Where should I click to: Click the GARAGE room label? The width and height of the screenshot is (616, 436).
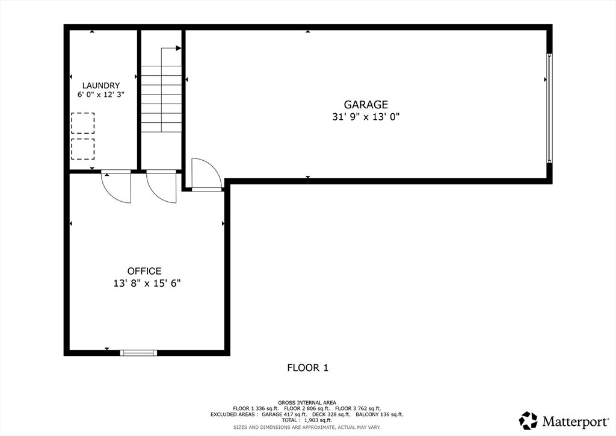366,105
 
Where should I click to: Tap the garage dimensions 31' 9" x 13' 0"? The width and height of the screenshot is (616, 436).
366,117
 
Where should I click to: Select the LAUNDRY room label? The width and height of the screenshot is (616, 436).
101,86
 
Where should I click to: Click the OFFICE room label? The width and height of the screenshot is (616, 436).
144,272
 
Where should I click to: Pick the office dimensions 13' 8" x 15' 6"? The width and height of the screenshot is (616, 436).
147,283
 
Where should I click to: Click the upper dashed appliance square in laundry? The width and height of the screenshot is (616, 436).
83,123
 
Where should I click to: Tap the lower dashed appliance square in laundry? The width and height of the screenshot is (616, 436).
83,149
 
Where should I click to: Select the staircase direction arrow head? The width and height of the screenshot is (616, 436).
179,48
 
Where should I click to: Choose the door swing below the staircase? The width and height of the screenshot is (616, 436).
161,186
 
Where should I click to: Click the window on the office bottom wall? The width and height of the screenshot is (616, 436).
138,352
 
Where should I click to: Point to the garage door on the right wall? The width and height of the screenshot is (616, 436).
549,108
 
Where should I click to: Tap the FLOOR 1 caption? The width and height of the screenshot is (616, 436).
307,367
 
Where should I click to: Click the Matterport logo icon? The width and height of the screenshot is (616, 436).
528,420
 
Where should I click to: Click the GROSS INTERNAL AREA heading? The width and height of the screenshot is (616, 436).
307,402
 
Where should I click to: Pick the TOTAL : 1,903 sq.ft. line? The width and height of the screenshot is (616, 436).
307,420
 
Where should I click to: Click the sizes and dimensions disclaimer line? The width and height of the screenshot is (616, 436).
307,427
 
